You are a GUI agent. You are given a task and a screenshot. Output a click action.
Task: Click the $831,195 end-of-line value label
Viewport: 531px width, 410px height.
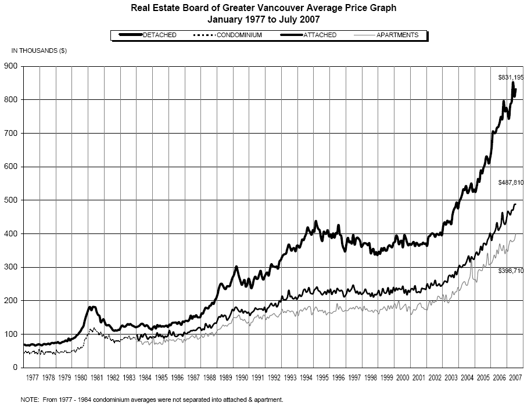511,77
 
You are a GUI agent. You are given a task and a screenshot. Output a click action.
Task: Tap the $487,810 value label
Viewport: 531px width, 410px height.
511,183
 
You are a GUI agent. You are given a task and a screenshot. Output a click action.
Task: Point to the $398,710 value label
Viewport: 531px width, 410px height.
511,271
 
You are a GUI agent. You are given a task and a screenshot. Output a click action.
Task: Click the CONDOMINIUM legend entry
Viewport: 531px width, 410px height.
239,35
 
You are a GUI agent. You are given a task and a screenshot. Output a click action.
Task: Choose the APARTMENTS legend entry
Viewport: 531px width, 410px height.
397,35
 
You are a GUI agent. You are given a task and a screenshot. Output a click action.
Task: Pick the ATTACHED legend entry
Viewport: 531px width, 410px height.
319,35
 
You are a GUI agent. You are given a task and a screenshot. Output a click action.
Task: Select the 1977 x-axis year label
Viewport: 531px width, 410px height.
33,378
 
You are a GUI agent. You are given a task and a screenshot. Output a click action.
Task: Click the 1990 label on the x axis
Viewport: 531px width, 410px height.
242,378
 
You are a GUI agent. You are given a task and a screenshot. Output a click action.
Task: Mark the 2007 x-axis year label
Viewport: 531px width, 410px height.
515,378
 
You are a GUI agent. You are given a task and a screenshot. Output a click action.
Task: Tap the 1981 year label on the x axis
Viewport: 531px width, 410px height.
97,378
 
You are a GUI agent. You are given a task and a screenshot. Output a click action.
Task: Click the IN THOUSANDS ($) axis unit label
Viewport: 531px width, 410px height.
39,51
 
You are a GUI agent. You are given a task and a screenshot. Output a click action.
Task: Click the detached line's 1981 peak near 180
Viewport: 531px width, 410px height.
92,307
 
